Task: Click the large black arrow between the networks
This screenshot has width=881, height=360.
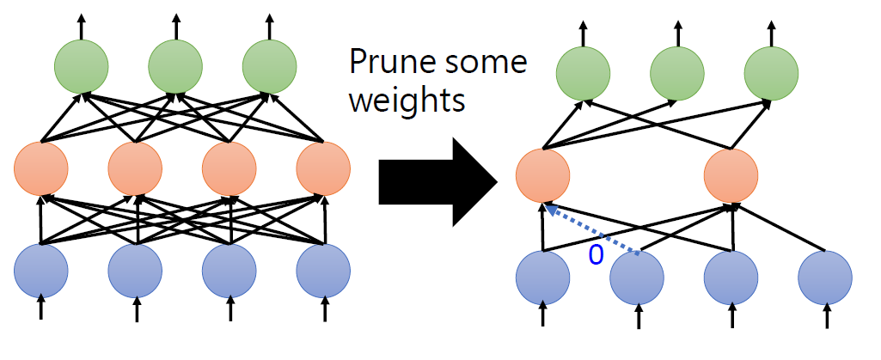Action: click(x=438, y=181)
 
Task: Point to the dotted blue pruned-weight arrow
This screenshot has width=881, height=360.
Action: click(x=593, y=231)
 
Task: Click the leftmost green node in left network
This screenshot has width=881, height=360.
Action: click(x=82, y=66)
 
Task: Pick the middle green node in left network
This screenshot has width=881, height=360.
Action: click(x=175, y=66)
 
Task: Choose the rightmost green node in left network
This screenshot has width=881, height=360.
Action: click(x=269, y=66)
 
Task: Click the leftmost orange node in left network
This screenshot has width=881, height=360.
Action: click(x=40, y=169)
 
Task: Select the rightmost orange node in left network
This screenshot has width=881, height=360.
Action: click(x=323, y=169)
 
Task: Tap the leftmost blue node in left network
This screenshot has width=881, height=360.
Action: click(x=40, y=271)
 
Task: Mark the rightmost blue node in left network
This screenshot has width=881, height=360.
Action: click(x=323, y=271)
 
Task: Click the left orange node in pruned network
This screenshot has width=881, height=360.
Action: click(x=542, y=176)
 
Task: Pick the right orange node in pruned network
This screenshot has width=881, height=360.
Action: click(x=731, y=176)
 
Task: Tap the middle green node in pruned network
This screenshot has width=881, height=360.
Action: click(x=677, y=72)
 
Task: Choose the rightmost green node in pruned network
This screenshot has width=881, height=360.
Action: click(x=771, y=72)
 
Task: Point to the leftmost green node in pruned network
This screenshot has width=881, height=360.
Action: click(x=584, y=72)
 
